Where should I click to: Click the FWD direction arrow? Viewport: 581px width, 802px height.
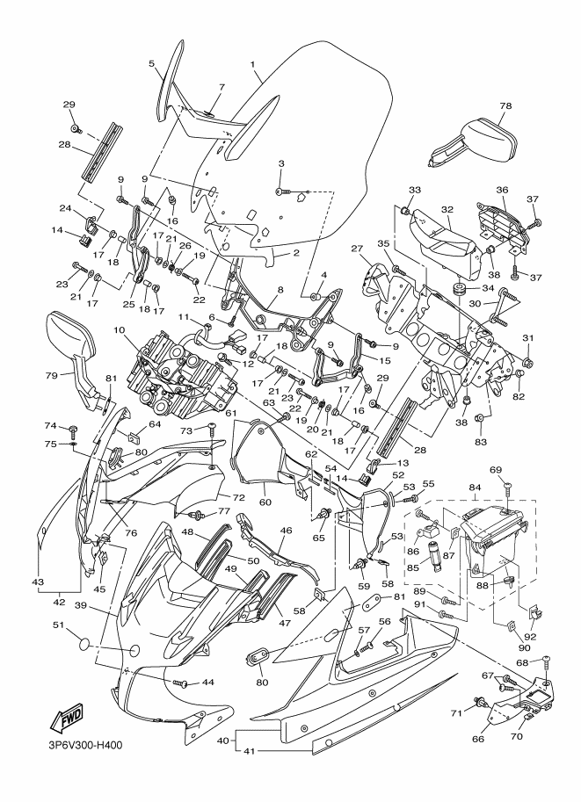[66, 718]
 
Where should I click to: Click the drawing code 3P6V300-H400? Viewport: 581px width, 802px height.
[82, 745]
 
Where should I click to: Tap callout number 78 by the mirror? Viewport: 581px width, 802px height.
[505, 105]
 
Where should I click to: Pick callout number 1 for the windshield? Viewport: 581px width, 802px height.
[252, 64]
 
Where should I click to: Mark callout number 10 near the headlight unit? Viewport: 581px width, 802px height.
[119, 330]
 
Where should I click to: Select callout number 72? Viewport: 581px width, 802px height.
[238, 497]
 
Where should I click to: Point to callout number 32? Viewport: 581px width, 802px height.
[447, 209]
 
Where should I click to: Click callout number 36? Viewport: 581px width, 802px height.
[502, 190]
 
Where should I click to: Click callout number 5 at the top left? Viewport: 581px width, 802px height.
[151, 63]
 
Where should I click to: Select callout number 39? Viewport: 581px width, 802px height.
[80, 606]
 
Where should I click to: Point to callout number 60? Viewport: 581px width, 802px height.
[265, 502]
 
